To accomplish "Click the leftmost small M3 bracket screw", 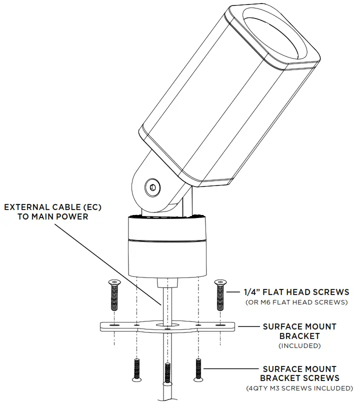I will point(135,370).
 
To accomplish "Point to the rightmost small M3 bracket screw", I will point(198,370).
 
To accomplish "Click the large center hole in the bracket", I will point(166,325).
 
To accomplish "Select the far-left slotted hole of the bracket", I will point(114,325).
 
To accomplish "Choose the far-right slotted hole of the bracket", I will point(220,325).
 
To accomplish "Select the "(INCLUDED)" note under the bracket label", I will point(299,345).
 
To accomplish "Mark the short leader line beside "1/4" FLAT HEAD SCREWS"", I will point(234,291).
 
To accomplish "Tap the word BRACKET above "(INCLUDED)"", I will point(299,336).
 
